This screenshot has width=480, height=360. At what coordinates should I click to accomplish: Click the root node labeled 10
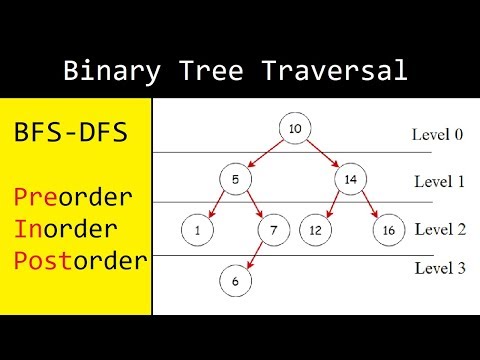pos(295,130)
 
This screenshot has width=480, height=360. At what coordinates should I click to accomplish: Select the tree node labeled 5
pos(232,181)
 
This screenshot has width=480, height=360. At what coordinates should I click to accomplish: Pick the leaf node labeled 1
pos(198,231)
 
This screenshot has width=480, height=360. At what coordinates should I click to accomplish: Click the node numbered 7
pos(272,231)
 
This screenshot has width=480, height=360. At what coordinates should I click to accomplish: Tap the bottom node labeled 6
pos(235,282)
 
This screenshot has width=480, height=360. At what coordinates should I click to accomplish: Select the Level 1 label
pos(439,182)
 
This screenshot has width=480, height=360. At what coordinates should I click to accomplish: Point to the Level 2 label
pos(439,229)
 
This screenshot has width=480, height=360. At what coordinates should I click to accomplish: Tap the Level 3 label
pos(439,268)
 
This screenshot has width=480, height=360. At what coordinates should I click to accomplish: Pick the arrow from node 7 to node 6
pos(254,257)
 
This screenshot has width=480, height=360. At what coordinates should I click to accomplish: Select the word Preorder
pos(78,193)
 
